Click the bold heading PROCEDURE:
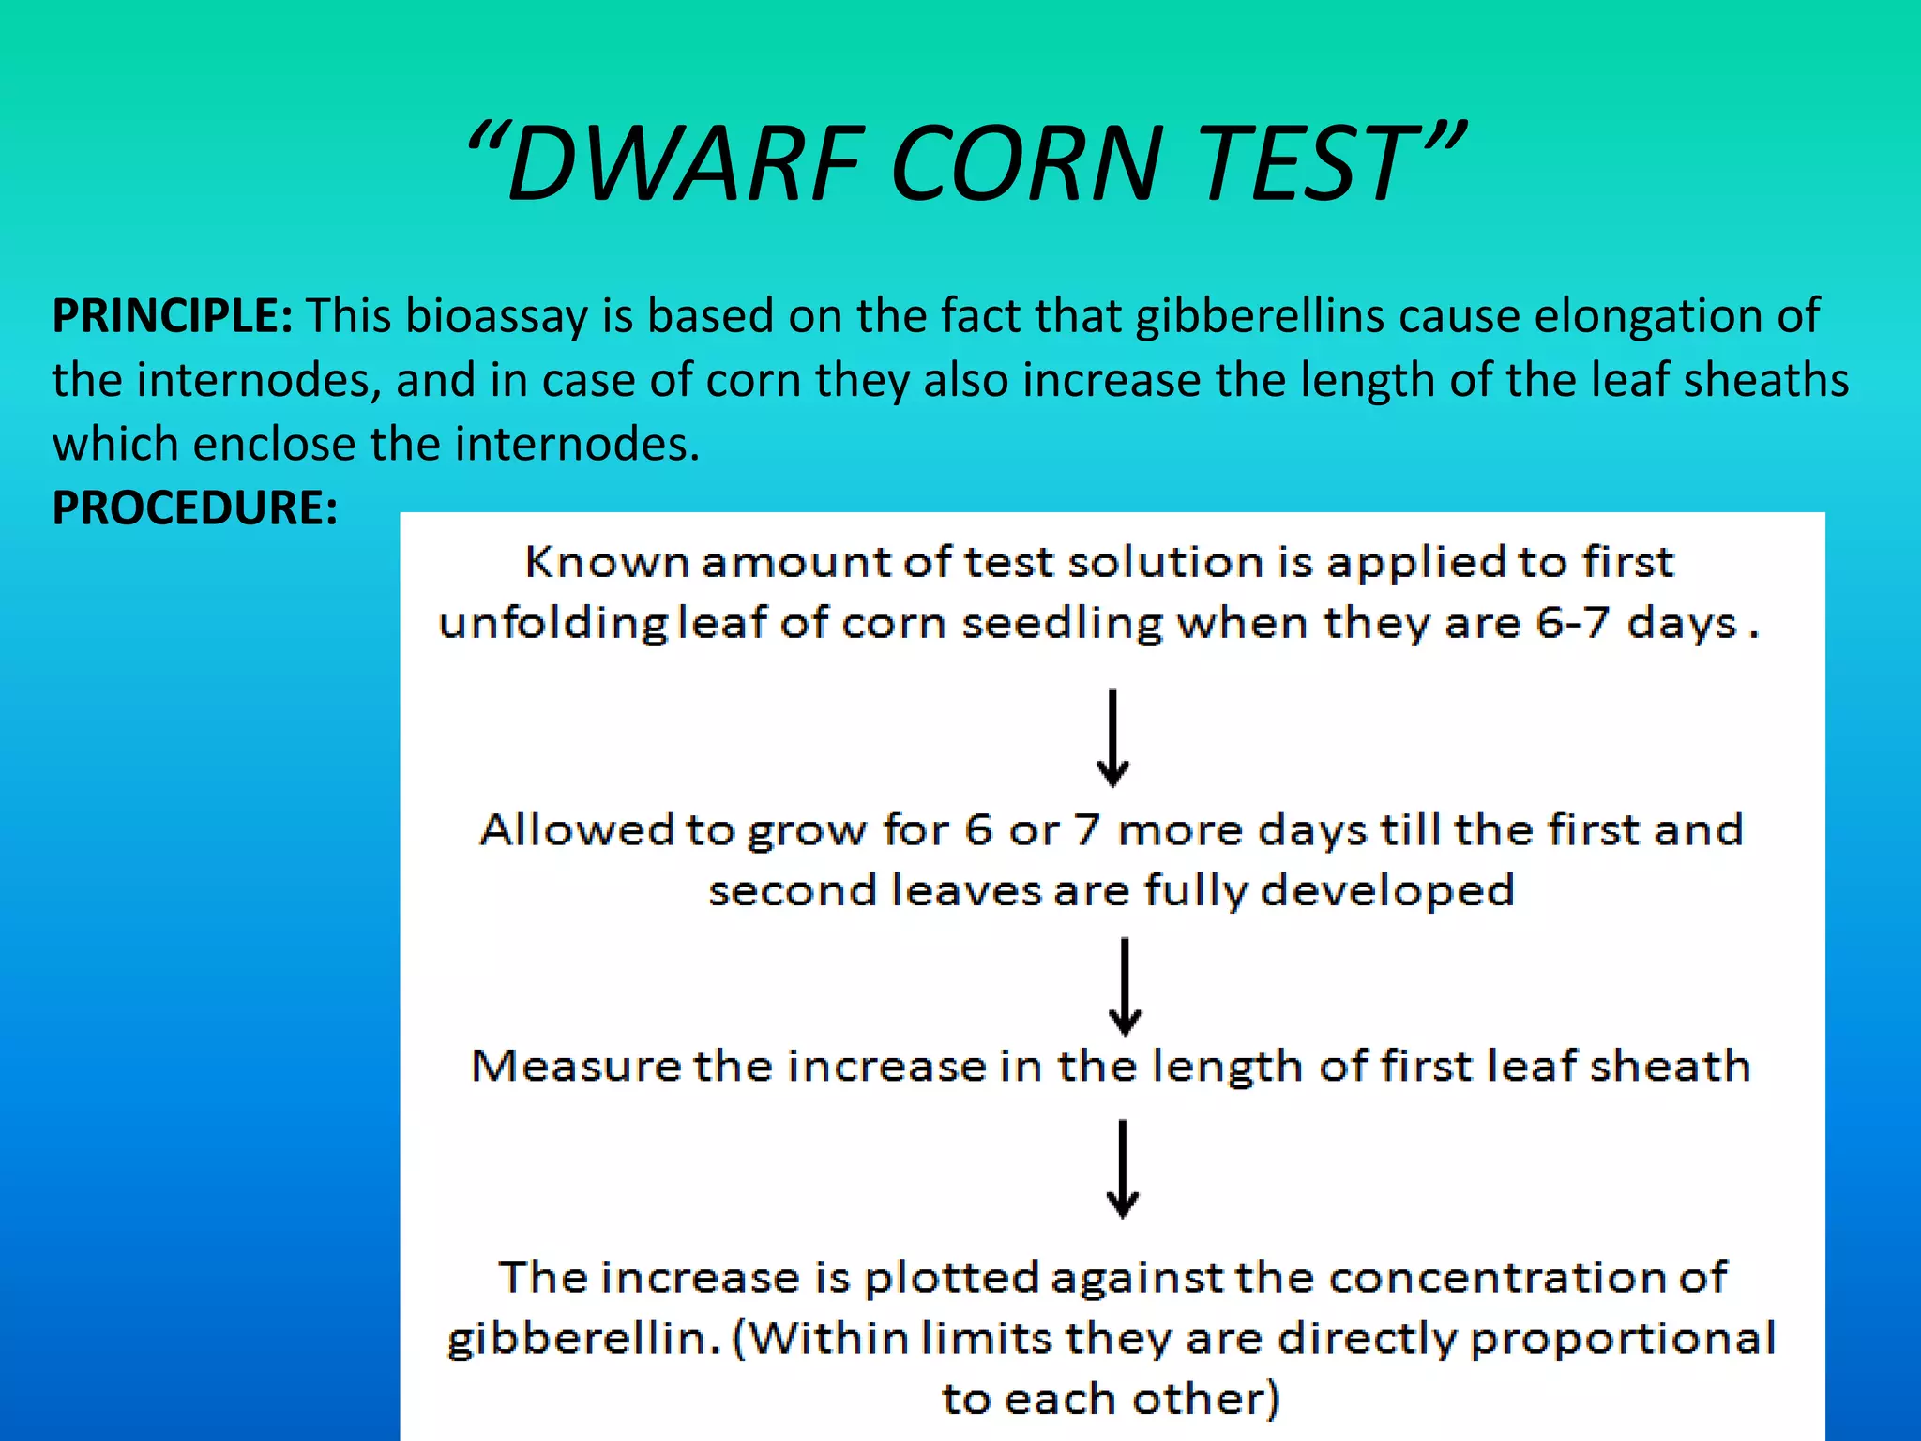(194, 508)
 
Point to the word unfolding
(553, 623)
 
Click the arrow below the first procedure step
(1112, 738)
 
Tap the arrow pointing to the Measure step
(1125, 986)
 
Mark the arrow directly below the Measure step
(1123, 1169)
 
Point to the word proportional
(1622, 1338)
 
